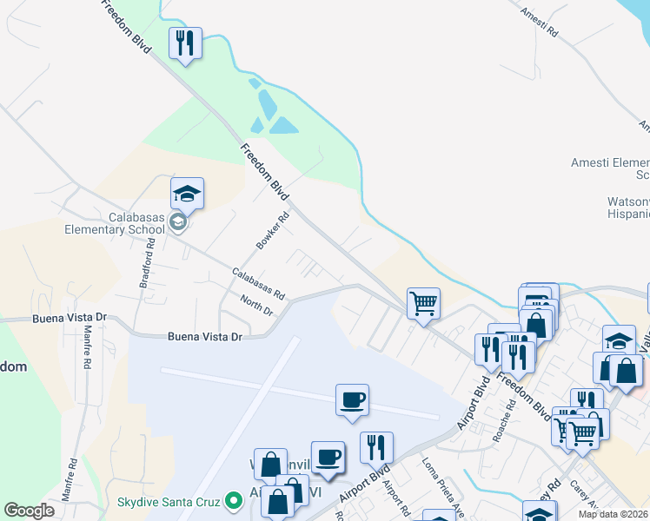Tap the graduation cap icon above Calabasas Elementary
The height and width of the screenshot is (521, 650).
pyautogui.click(x=187, y=193)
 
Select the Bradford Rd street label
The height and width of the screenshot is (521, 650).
pyautogui.click(x=149, y=264)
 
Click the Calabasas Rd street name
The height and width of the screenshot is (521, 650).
pyautogui.click(x=258, y=284)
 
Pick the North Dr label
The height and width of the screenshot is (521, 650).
pyautogui.click(x=256, y=305)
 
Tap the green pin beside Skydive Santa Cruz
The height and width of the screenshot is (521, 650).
pyautogui.click(x=232, y=501)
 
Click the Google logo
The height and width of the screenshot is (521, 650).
pyautogui.click(x=29, y=511)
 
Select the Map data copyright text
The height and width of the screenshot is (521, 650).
pyautogui.click(x=614, y=514)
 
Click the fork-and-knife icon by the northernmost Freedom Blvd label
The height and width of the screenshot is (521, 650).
pyautogui.click(x=184, y=43)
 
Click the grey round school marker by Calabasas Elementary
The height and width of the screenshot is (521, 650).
pyautogui.click(x=178, y=222)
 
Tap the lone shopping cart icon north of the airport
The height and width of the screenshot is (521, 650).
pyautogui.click(x=423, y=304)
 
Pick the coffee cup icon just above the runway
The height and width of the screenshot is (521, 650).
pyautogui.click(x=352, y=400)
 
